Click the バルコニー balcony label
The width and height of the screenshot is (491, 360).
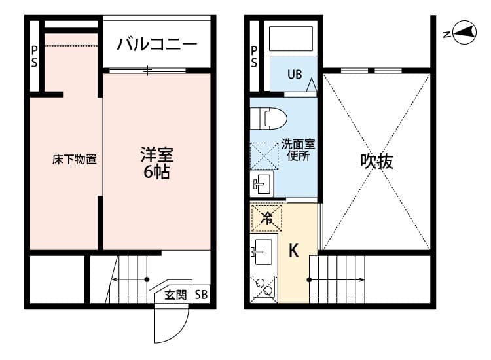[157, 45]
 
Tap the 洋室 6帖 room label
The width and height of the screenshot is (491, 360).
[156, 164]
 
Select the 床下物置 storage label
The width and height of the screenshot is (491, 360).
[75, 159]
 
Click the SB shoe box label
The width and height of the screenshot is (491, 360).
[201, 295]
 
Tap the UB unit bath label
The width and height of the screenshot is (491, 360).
[295, 74]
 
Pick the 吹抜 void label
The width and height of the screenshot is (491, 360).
[377, 161]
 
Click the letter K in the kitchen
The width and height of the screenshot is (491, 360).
[294, 250]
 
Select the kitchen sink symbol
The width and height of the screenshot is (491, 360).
[264, 249]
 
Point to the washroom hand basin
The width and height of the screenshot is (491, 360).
[264, 183]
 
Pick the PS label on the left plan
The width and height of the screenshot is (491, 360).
[33, 56]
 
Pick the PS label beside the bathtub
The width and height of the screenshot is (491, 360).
[254, 56]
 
